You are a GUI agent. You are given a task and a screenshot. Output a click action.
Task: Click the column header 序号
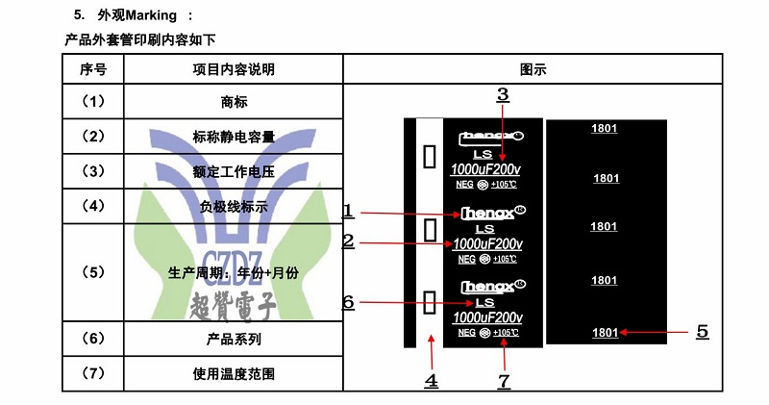93,69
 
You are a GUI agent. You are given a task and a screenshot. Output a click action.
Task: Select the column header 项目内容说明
234,69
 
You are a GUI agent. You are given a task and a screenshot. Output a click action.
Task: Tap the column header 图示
533,69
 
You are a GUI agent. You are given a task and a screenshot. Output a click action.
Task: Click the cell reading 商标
234,101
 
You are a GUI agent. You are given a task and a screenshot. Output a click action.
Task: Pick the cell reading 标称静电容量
234,137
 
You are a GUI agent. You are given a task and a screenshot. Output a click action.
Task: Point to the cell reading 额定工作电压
234,172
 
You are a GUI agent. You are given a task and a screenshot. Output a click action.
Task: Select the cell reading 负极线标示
234,207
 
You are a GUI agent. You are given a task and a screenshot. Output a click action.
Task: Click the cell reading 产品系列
234,339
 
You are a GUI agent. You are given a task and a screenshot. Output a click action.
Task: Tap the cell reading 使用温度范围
234,374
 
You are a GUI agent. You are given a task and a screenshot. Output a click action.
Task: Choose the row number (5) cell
93,272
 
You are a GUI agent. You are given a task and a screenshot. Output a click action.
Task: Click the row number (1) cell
93,101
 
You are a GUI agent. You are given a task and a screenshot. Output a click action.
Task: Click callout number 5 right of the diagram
703,331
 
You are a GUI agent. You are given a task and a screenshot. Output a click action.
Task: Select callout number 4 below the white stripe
432,380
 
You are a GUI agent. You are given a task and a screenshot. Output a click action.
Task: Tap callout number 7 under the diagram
504,380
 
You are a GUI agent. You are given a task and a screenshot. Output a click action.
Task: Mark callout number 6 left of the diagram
349,302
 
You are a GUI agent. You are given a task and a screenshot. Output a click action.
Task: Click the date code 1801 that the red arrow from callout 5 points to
605,333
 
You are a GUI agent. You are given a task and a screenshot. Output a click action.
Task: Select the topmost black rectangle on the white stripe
431,156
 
